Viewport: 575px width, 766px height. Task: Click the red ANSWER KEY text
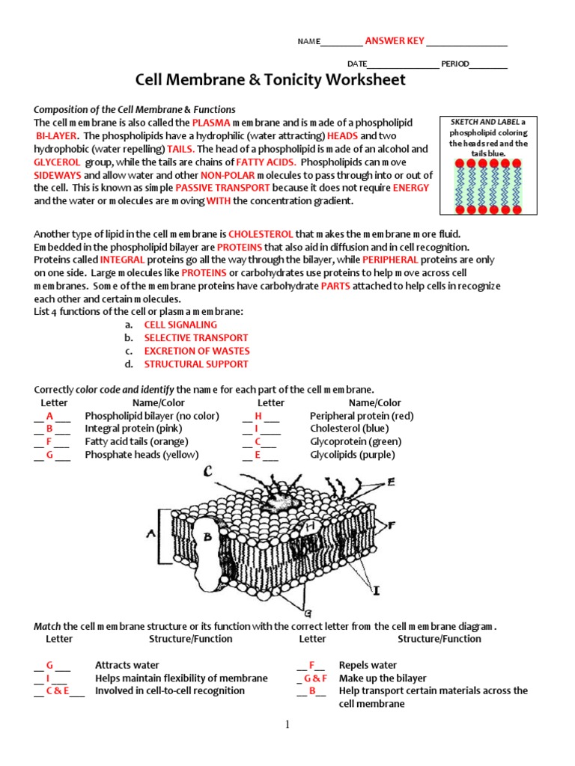point(394,40)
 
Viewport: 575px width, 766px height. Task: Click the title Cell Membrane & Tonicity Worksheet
point(270,80)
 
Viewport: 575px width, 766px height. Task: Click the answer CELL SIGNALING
point(180,325)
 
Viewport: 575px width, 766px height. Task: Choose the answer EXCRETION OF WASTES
point(197,351)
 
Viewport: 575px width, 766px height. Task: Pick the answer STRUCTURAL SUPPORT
point(196,364)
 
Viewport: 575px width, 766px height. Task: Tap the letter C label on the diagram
point(207,471)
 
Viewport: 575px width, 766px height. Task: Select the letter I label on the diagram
point(377,591)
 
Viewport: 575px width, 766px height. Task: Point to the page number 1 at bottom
point(287,724)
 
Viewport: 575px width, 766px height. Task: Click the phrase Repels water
point(368,665)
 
